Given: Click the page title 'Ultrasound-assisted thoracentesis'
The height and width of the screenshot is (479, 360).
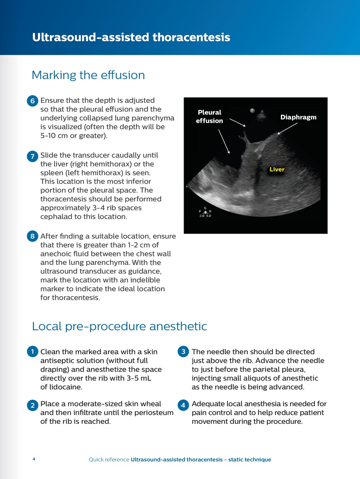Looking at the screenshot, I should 131,38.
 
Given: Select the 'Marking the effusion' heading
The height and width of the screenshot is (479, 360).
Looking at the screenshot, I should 88,75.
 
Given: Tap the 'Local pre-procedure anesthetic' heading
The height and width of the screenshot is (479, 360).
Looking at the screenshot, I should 119,326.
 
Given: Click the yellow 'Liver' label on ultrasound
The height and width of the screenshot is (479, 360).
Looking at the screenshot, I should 277,169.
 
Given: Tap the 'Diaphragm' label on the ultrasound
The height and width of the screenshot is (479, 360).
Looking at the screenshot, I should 298,117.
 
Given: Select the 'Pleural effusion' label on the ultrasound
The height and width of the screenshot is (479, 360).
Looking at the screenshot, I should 209,116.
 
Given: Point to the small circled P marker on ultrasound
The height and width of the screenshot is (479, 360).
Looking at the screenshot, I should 252,110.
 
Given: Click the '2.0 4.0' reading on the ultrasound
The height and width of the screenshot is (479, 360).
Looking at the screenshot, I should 205,215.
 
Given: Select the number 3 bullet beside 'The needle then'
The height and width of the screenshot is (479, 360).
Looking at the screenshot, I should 183,352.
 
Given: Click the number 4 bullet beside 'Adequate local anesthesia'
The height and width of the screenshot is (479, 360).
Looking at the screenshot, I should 183,405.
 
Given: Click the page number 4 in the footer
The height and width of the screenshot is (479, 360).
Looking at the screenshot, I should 34,459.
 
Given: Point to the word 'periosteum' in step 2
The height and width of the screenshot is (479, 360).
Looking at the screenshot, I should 154,413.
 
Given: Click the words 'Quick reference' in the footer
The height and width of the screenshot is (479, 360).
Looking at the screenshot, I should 109,460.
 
